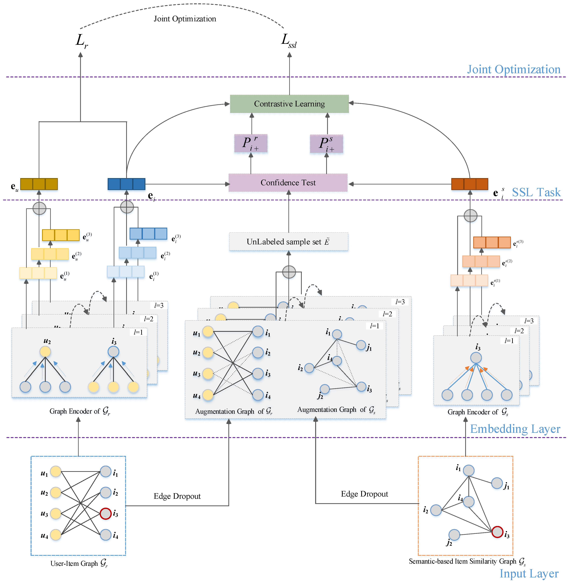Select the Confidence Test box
tap(288, 182)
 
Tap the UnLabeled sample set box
tap(288, 242)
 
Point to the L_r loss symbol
tap(81, 41)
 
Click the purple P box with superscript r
tap(251, 143)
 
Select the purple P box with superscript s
tap(326, 144)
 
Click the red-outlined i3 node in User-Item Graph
tap(105, 514)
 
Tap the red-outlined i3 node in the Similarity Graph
tap(497, 532)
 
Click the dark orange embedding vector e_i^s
tap(469, 184)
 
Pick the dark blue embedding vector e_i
tap(126, 184)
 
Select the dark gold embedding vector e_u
tap(39, 184)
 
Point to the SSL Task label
tap(536, 192)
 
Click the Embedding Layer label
tap(515, 429)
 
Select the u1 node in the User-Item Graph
tap(56, 471)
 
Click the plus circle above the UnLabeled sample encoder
tap(289, 272)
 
